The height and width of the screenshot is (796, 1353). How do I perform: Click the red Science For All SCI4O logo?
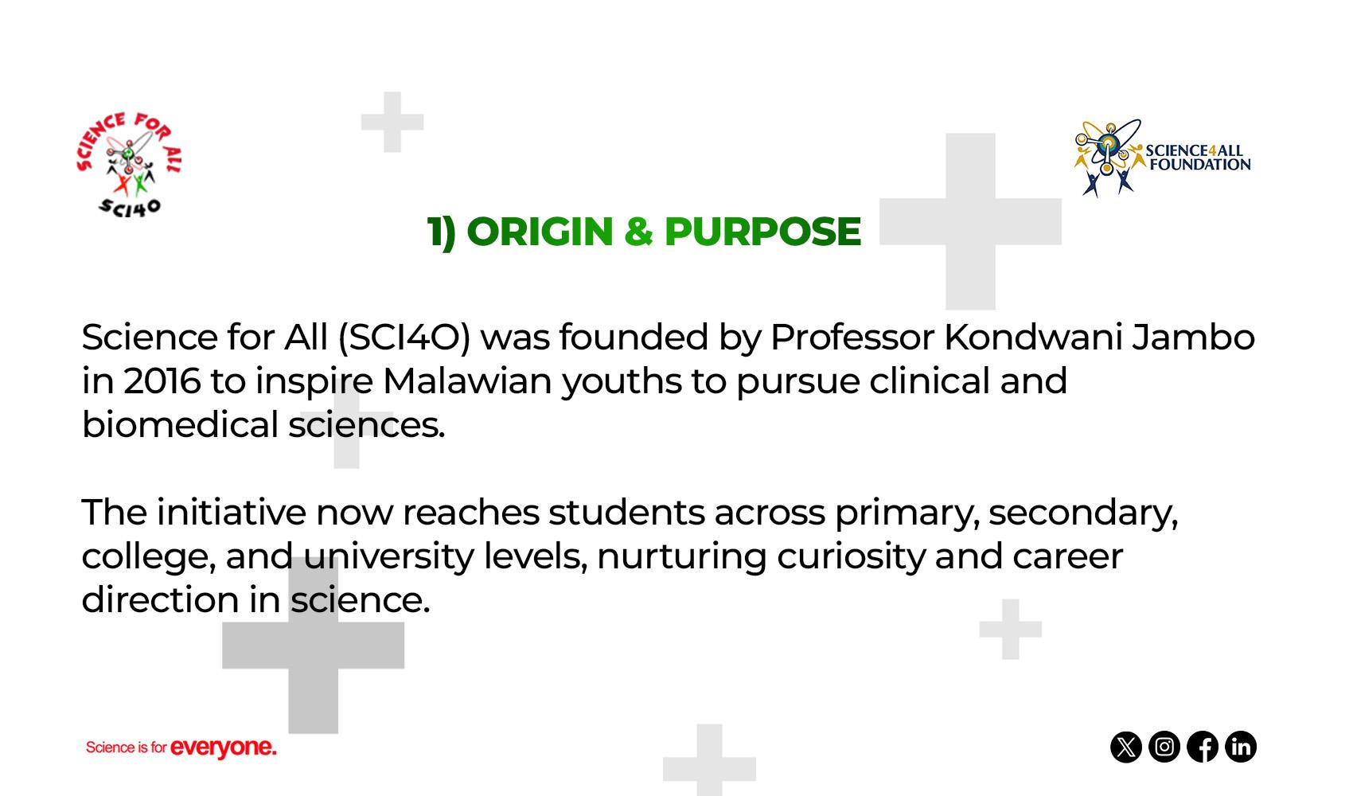[x=129, y=164]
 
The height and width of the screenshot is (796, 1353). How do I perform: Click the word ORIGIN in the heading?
[x=540, y=232]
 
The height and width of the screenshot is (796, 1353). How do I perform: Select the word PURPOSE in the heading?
[x=762, y=232]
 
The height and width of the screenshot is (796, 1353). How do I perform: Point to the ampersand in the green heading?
[x=638, y=232]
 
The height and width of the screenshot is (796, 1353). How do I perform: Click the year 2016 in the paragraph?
[x=162, y=382]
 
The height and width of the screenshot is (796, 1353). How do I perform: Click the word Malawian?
[x=467, y=382]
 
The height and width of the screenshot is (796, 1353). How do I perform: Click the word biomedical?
[x=180, y=424]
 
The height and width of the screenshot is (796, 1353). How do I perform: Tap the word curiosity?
[x=851, y=557]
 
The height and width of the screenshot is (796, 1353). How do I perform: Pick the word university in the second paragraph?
[x=388, y=557]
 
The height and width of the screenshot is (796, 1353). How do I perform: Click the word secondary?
[x=1084, y=513]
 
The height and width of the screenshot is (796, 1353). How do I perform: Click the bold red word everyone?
[x=224, y=747]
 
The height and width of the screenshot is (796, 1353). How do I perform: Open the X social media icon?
[x=1126, y=747]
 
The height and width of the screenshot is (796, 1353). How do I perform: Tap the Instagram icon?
[x=1164, y=747]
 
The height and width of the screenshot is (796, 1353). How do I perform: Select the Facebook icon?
[x=1203, y=747]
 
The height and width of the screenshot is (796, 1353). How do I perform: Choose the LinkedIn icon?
[x=1241, y=747]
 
